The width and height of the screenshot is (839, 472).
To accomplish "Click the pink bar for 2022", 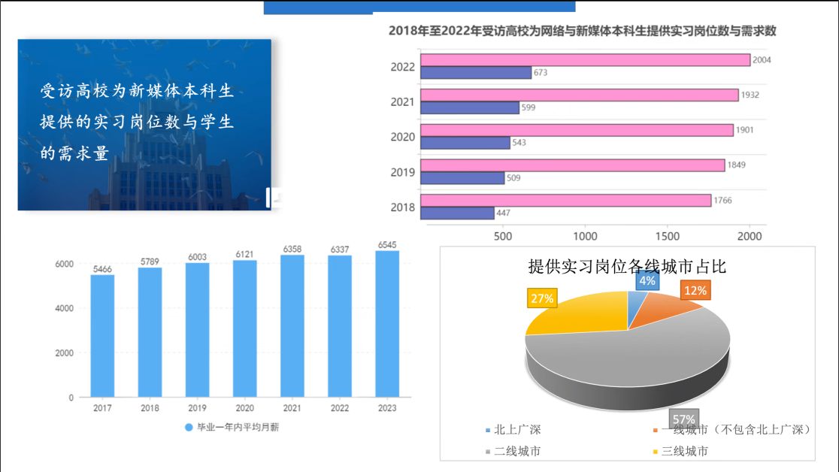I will (x=585, y=60).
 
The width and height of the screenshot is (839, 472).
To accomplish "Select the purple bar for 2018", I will (x=457, y=213).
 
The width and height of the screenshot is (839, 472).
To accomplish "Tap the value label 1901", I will (x=746, y=130).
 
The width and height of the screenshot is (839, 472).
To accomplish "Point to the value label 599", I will (x=528, y=107).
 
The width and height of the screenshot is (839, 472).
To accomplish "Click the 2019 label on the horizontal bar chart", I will (x=403, y=172).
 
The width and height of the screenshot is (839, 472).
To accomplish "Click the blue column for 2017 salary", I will (x=102, y=335).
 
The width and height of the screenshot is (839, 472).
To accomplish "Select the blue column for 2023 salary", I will (x=387, y=323).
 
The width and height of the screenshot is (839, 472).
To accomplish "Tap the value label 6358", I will (x=292, y=248).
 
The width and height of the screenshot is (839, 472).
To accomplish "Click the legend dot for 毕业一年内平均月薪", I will (x=189, y=428).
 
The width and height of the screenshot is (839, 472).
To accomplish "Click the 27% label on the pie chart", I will (x=543, y=298).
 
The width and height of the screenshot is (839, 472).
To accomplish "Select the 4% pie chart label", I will (x=647, y=281).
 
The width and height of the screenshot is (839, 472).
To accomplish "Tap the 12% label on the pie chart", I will (x=694, y=290).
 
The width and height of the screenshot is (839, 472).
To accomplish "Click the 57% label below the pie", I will (x=683, y=419).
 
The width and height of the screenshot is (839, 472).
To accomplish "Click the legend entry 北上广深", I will (x=514, y=430).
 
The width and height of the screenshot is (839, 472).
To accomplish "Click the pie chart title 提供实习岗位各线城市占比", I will (x=627, y=266).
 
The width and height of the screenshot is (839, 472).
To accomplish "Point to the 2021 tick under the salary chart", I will (x=292, y=408).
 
